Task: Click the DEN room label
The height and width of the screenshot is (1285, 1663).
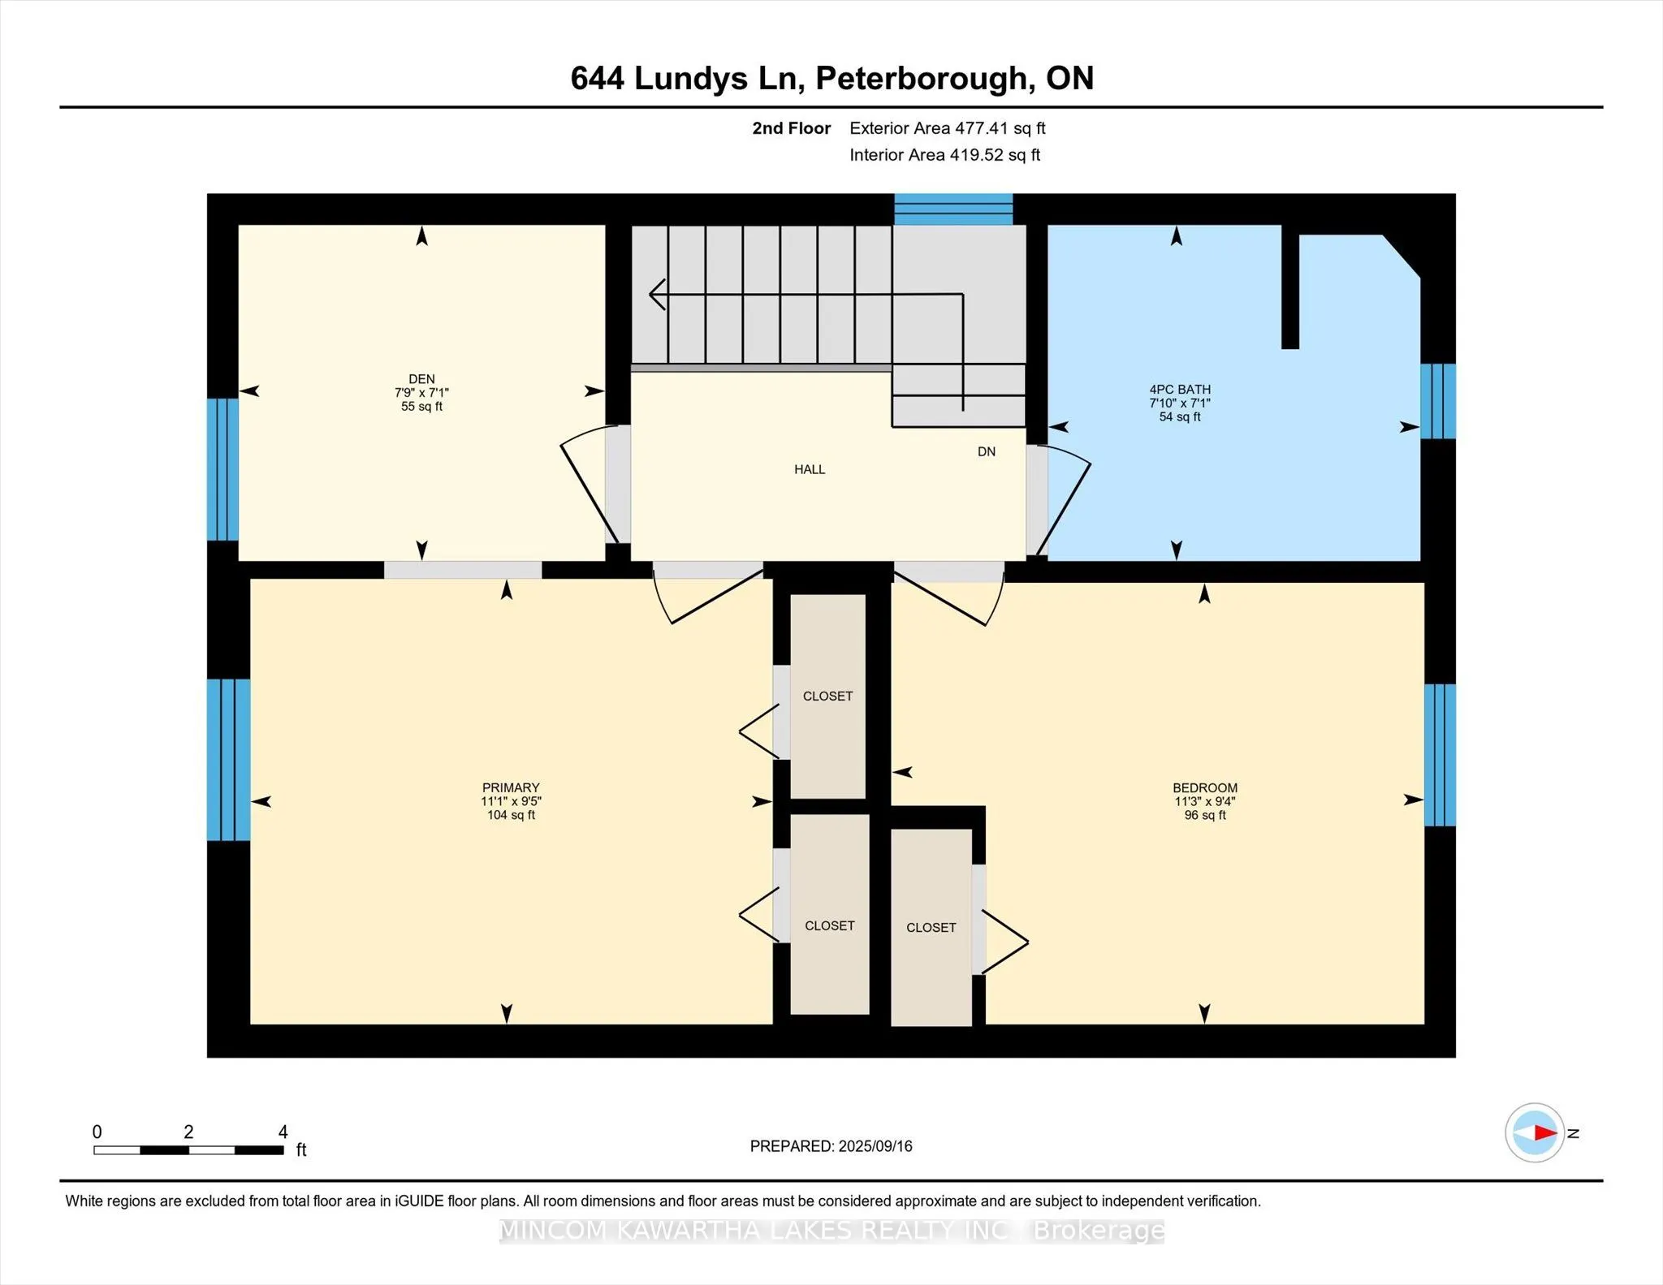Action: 421,379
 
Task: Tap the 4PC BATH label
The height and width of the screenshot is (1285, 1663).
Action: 1180,390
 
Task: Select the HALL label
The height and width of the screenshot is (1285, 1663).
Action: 810,469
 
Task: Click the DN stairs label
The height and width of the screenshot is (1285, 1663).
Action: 987,451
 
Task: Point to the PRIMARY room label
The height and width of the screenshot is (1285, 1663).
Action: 511,787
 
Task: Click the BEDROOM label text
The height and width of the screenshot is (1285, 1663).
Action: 1205,787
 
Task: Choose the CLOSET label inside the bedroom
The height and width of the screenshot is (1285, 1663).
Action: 931,927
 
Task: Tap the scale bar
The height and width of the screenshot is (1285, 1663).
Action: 188,1149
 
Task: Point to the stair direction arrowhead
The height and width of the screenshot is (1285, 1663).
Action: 657,294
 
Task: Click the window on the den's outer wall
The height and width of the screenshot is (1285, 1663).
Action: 222,469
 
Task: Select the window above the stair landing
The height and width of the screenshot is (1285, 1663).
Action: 953,209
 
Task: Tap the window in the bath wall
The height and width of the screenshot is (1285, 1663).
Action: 1438,401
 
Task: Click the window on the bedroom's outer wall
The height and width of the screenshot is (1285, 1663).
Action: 1440,755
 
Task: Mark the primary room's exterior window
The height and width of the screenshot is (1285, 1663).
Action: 228,760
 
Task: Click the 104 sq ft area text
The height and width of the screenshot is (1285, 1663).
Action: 511,815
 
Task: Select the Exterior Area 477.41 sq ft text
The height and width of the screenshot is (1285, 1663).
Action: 948,128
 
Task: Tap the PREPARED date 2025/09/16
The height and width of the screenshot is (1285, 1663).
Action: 875,1146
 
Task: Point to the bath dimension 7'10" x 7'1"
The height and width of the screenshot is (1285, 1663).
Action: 1180,403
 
